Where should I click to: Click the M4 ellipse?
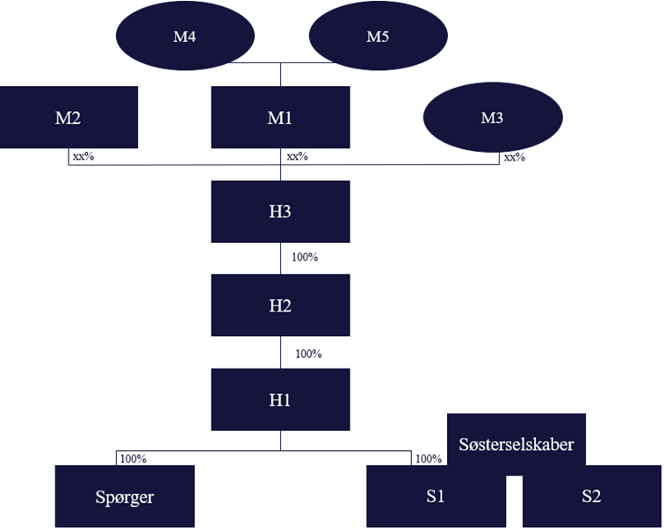pyautogui.click(x=185, y=36)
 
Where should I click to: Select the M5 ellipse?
pyautogui.click(x=379, y=36)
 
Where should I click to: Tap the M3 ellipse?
pyautogui.click(x=492, y=118)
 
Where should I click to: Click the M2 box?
pyautogui.click(x=69, y=117)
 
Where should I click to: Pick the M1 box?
pyautogui.click(x=280, y=117)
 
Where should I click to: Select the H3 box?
pyautogui.click(x=280, y=211)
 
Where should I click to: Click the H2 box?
pyautogui.click(x=280, y=305)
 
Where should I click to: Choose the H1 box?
pyautogui.click(x=280, y=399)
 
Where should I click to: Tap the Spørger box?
pyautogui.click(x=124, y=496)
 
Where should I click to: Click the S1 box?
pyautogui.click(x=435, y=497)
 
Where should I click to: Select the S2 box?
pyautogui.click(x=591, y=497)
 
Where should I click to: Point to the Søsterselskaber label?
pyautogui.click(x=516, y=444)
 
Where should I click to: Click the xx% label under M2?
pyautogui.click(x=84, y=157)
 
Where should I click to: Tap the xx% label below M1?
pyautogui.click(x=297, y=157)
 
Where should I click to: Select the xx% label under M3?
pyautogui.click(x=513, y=157)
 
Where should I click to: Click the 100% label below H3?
pyautogui.click(x=304, y=258)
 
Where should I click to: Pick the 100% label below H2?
pyautogui.click(x=308, y=354)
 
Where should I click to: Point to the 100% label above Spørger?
pyautogui.click(x=133, y=458)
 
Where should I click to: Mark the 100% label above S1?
pyautogui.click(x=429, y=458)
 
